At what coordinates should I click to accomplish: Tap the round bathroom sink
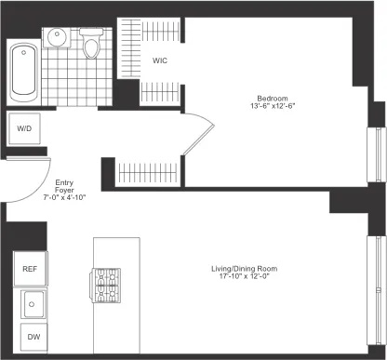tap(58, 39)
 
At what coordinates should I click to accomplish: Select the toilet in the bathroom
tap(91, 44)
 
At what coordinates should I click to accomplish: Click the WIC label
tap(160, 61)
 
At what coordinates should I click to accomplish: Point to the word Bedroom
tap(274, 97)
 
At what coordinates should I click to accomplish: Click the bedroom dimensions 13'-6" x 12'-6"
tap(274, 106)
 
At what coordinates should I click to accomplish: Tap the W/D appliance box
tap(24, 129)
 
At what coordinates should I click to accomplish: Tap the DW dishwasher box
tap(33, 338)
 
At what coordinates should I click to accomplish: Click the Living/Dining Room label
tap(245, 270)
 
